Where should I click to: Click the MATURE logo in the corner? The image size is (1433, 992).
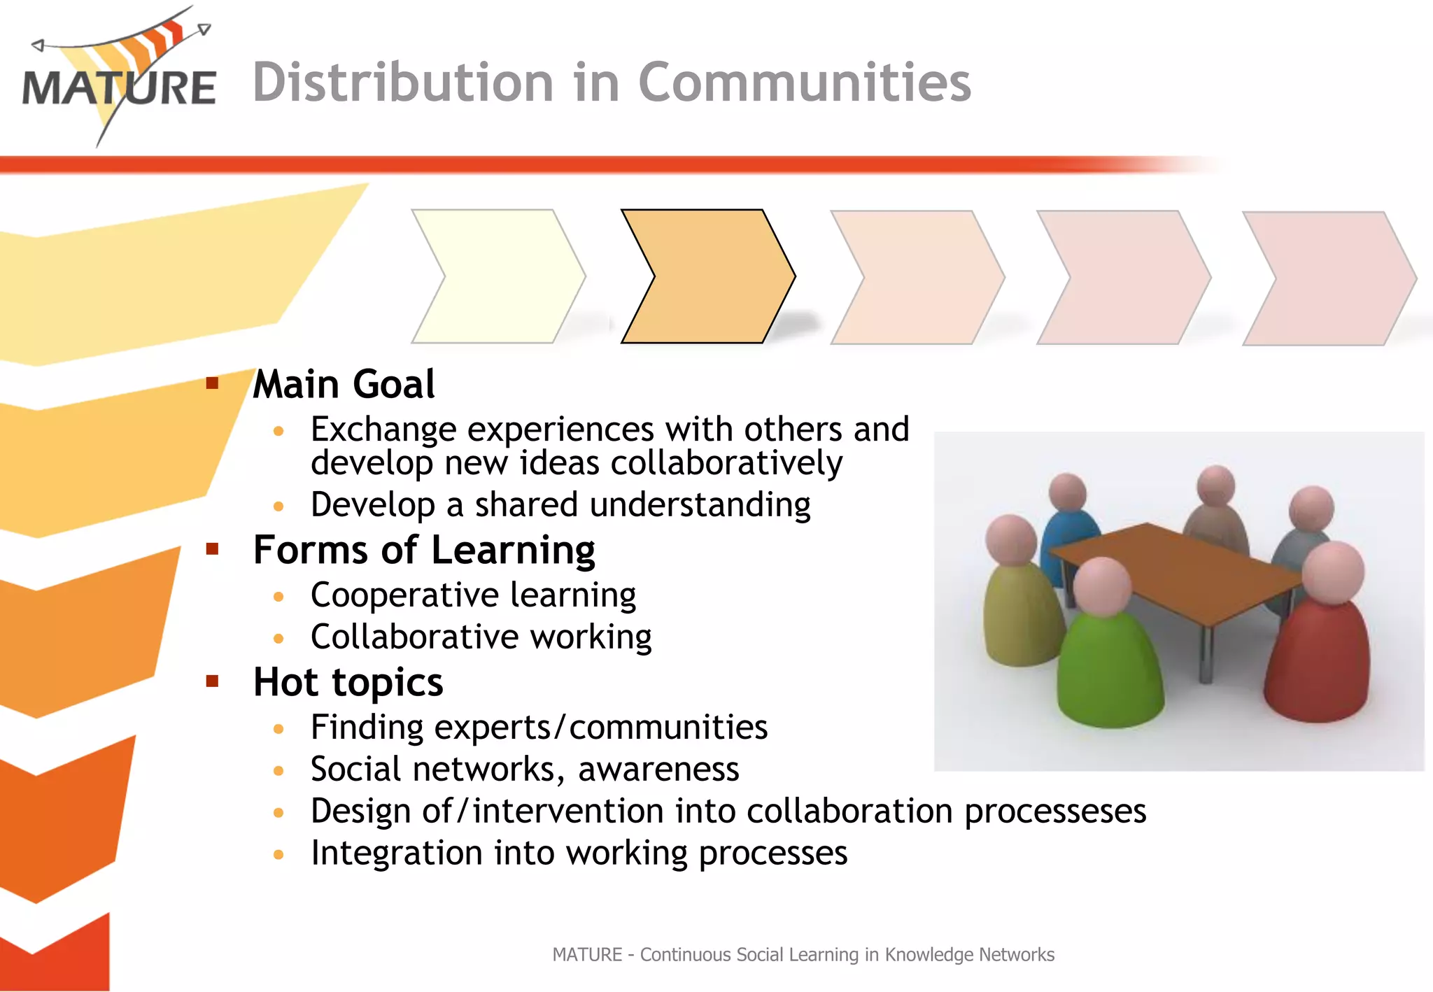[x=119, y=77]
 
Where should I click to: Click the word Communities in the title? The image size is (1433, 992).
[x=805, y=83]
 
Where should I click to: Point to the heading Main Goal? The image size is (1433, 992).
[x=344, y=384]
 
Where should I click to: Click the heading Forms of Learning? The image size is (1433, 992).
[x=424, y=550]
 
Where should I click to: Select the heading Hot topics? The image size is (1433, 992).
[x=348, y=682]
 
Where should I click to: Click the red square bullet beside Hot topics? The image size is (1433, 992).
[x=213, y=681]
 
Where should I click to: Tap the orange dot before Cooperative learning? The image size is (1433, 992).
[x=278, y=597]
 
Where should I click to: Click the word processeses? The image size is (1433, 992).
[x=1055, y=812]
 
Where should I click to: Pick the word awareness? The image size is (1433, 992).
[x=658, y=770]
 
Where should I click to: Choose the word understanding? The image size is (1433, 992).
[x=700, y=505]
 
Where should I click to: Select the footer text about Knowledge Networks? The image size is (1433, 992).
[x=803, y=955]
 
